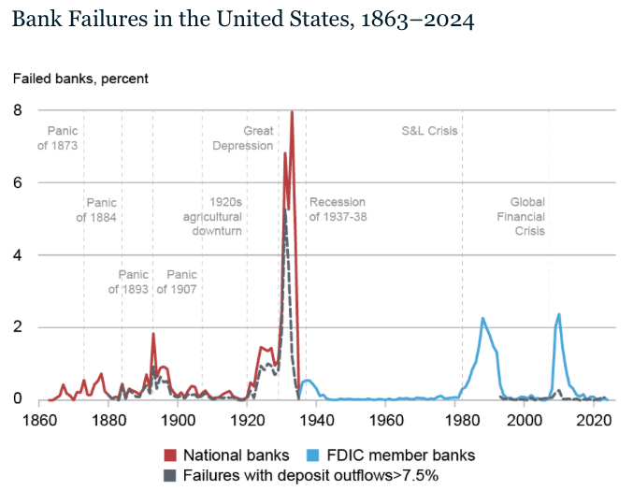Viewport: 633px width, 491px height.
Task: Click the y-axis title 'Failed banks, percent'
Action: coord(80,79)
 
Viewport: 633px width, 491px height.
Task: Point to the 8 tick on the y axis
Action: coord(17,110)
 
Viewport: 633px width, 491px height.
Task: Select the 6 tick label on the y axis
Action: coord(17,183)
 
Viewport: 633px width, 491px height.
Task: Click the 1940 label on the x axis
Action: coord(319,421)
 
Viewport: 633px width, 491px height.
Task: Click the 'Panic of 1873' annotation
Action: coord(57,138)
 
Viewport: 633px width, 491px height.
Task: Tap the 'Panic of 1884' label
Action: coord(96,210)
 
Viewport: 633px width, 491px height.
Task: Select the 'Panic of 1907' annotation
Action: coord(176,282)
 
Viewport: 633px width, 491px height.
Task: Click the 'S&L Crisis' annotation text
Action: coord(429,131)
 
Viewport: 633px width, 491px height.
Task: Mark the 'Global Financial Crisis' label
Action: coord(527,217)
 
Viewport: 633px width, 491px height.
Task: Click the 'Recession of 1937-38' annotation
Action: coord(338,210)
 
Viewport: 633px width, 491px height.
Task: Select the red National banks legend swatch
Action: coord(171,455)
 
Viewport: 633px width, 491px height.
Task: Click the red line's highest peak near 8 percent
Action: coord(292,112)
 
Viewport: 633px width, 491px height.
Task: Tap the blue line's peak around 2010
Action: coord(559,314)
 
